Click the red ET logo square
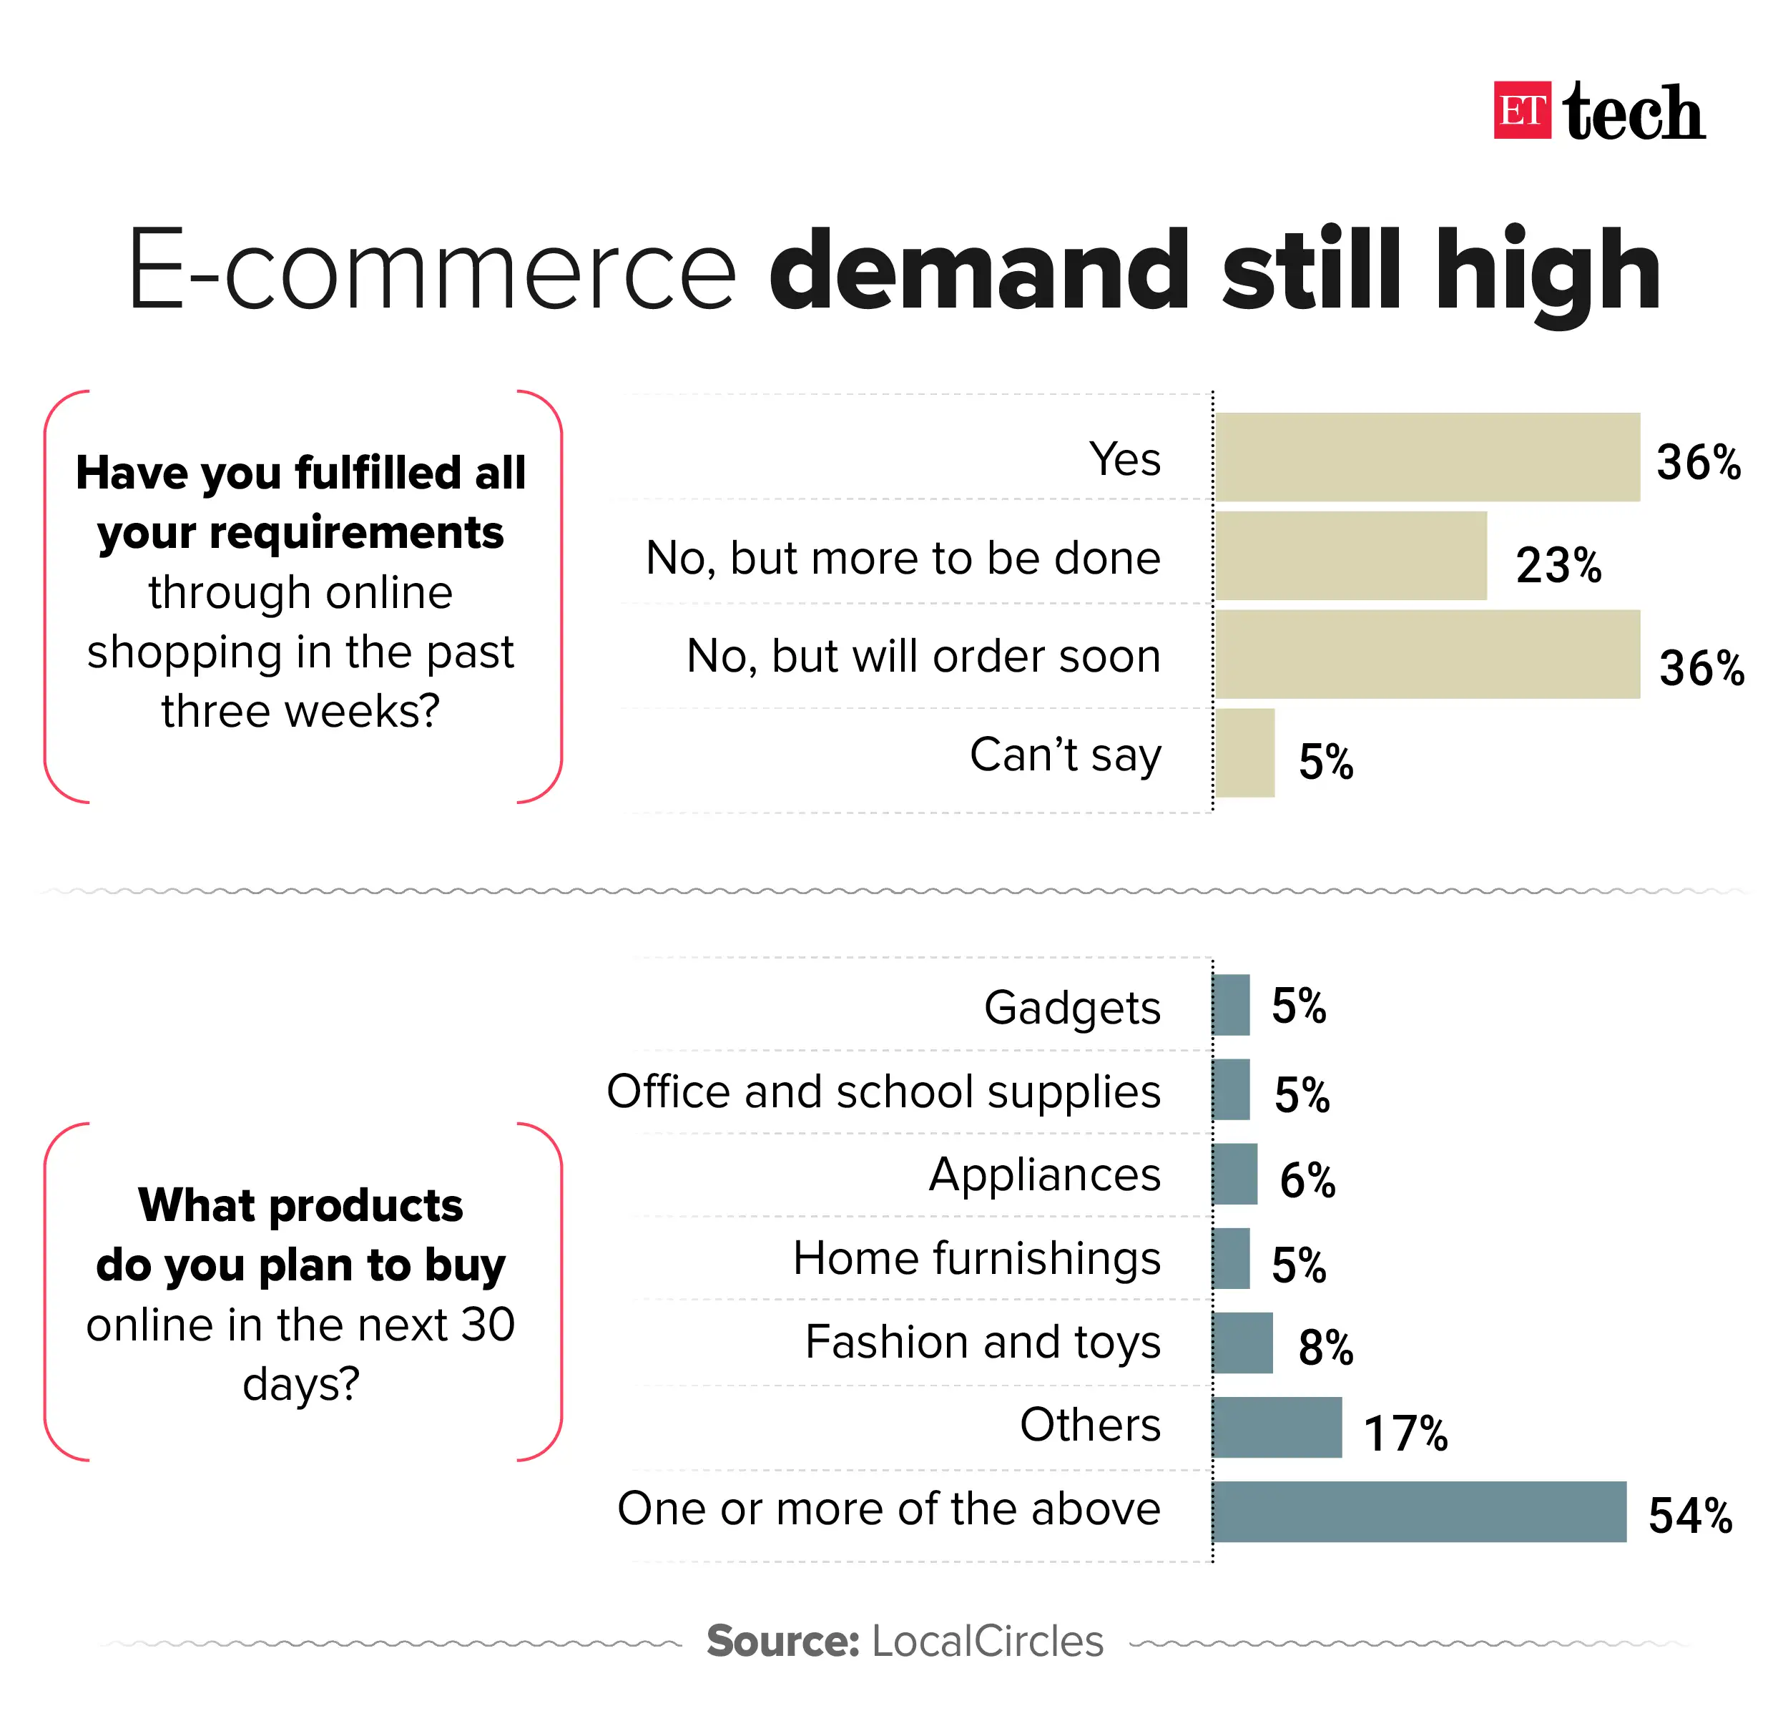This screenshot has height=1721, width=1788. tap(1522, 110)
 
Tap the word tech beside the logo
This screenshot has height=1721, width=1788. tap(1634, 113)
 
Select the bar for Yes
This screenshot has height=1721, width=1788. tap(1427, 456)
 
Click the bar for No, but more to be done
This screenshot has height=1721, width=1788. tap(1350, 556)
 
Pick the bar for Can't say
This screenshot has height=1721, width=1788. tap(1244, 752)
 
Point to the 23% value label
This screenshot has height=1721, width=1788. tap(1558, 565)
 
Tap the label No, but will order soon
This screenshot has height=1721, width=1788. tap(923, 656)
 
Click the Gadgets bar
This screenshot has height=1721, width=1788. tap(1232, 1005)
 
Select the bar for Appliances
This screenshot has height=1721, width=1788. tap(1235, 1174)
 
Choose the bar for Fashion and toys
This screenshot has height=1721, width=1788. tap(1242, 1343)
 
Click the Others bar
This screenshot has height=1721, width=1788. tap(1277, 1427)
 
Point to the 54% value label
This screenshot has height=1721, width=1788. tap(1689, 1516)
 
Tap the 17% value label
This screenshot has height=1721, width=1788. tap(1405, 1433)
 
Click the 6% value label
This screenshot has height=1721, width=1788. tap(1307, 1180)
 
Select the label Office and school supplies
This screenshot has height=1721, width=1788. tap(883, 1092)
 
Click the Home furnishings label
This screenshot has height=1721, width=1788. tap(976, 1258)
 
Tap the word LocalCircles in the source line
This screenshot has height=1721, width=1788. tap(987, 1641)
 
